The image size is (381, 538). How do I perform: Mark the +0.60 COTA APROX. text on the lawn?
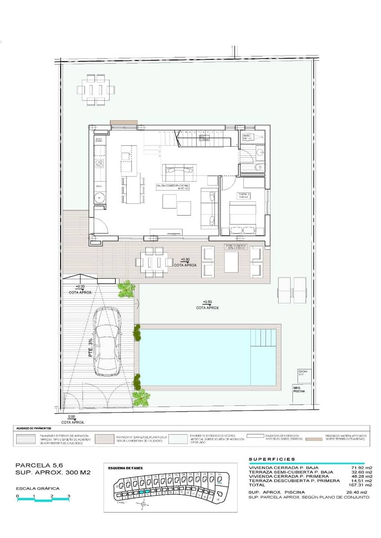(x=208, y=305)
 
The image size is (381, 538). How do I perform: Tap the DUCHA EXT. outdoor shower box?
(x=304, y=373)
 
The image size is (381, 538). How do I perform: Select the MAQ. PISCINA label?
(x=299, y=390)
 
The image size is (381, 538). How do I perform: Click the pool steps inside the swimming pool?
(x=264, y=343)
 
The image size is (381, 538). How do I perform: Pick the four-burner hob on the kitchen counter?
(x=99, y=163)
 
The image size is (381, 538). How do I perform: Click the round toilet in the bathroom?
(x=258, y=168)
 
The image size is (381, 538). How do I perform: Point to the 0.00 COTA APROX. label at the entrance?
(x=73, y=419)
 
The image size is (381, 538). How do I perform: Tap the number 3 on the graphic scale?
(x=69, y=496)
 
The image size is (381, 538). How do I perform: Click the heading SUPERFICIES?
(x=272, y=459)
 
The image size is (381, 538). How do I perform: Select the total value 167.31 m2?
(x=362, y=485)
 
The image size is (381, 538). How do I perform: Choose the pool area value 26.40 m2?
(x=362, y=492)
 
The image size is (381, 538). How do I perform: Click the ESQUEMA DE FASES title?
(x=125, y=468)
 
